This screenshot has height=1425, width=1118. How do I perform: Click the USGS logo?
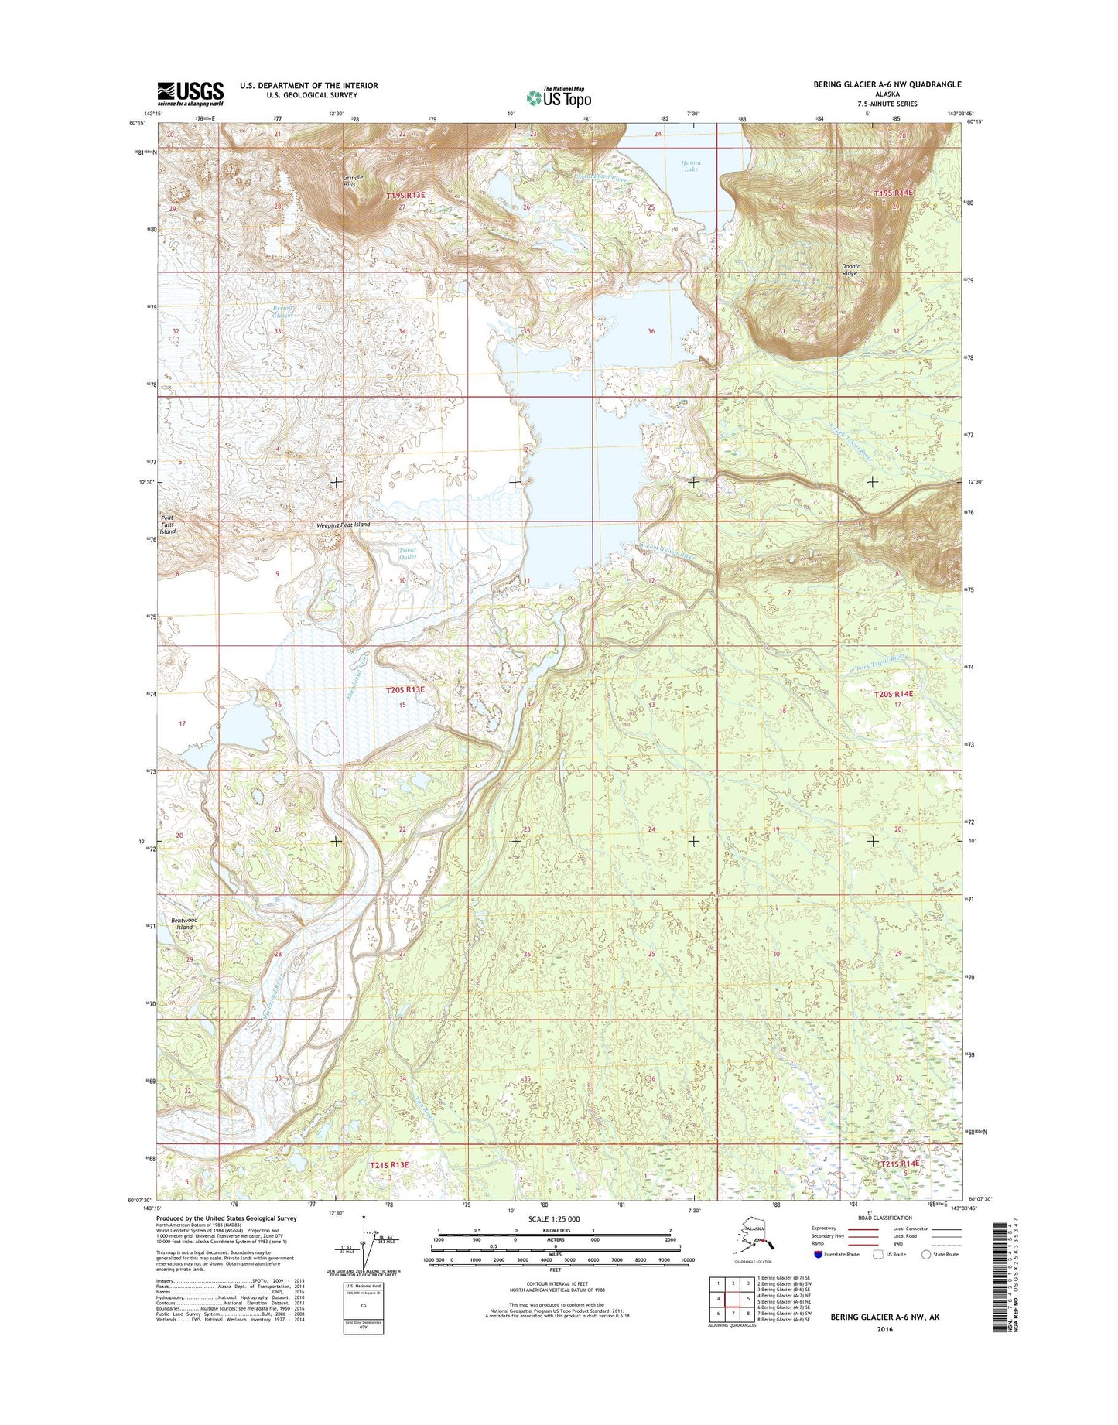(190, 94)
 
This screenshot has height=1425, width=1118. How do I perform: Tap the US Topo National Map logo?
(559, 97)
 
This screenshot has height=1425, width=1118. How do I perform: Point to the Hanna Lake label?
(690, 166)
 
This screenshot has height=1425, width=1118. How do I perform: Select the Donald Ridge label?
(850, 269)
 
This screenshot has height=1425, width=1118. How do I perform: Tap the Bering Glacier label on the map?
(283, 311)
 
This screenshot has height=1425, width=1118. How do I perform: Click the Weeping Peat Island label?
(343, 525)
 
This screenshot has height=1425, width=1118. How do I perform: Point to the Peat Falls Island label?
(168, 525)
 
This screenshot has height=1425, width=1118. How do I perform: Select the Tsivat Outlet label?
(407, 553)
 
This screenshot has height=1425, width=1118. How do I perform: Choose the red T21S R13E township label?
(388, 1164)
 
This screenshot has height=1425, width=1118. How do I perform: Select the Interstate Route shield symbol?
(818, 1254)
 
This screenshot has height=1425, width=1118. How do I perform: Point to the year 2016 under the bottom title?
(884, 1329)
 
